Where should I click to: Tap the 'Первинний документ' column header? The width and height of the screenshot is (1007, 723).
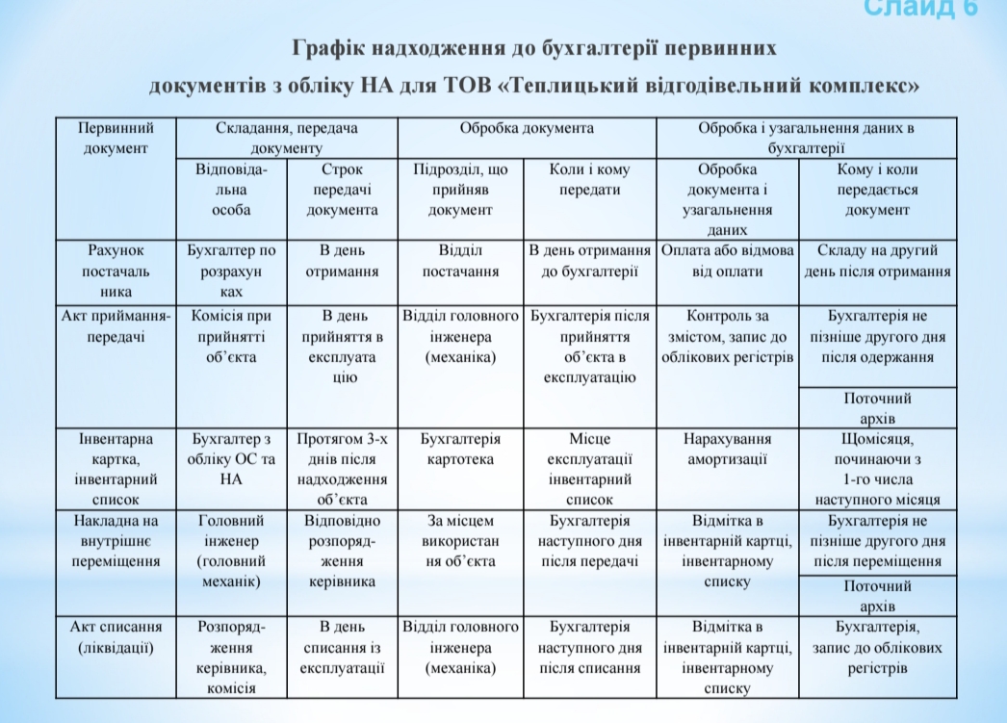[116, 138]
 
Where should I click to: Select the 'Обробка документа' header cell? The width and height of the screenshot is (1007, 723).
[527, 128]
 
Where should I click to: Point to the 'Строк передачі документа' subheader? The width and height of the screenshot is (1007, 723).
[343, 190]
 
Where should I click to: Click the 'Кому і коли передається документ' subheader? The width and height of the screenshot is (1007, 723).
[877, 190]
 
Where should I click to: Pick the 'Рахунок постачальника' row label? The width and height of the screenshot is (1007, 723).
[116, 271]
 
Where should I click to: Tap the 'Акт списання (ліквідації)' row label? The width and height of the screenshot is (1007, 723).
[116, 637]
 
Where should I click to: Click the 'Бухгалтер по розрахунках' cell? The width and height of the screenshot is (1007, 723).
[231, 271]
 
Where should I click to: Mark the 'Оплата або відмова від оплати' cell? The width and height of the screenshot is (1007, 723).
[727, 261]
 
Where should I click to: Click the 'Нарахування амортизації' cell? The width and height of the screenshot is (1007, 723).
[727, 449]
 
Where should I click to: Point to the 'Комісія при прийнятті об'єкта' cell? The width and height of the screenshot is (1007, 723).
[231, 336]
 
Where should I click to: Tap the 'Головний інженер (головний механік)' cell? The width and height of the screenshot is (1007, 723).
[231, 552]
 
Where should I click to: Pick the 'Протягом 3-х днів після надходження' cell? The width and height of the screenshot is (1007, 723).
[343, 469]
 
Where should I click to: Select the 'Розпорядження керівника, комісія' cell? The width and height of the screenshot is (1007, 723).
[231, 658]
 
